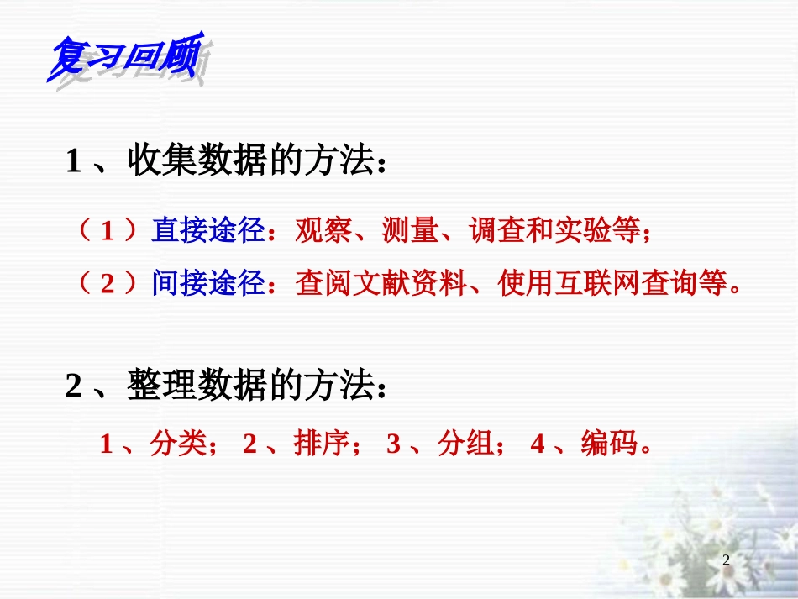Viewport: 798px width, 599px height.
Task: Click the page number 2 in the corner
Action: click(727, 560)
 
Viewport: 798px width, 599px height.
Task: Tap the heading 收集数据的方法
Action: click(249, 160)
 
